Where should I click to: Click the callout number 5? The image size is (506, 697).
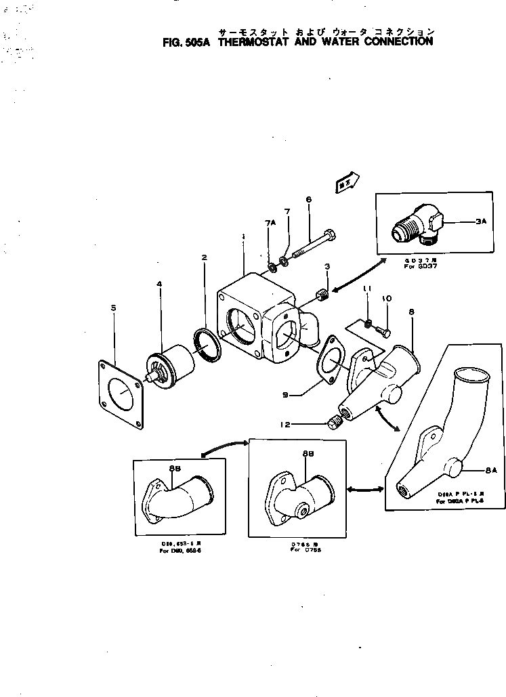click(113, 308)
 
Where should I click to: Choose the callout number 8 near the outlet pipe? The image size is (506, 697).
click(411, 312)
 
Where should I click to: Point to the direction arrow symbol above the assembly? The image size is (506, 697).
click(346, 182)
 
